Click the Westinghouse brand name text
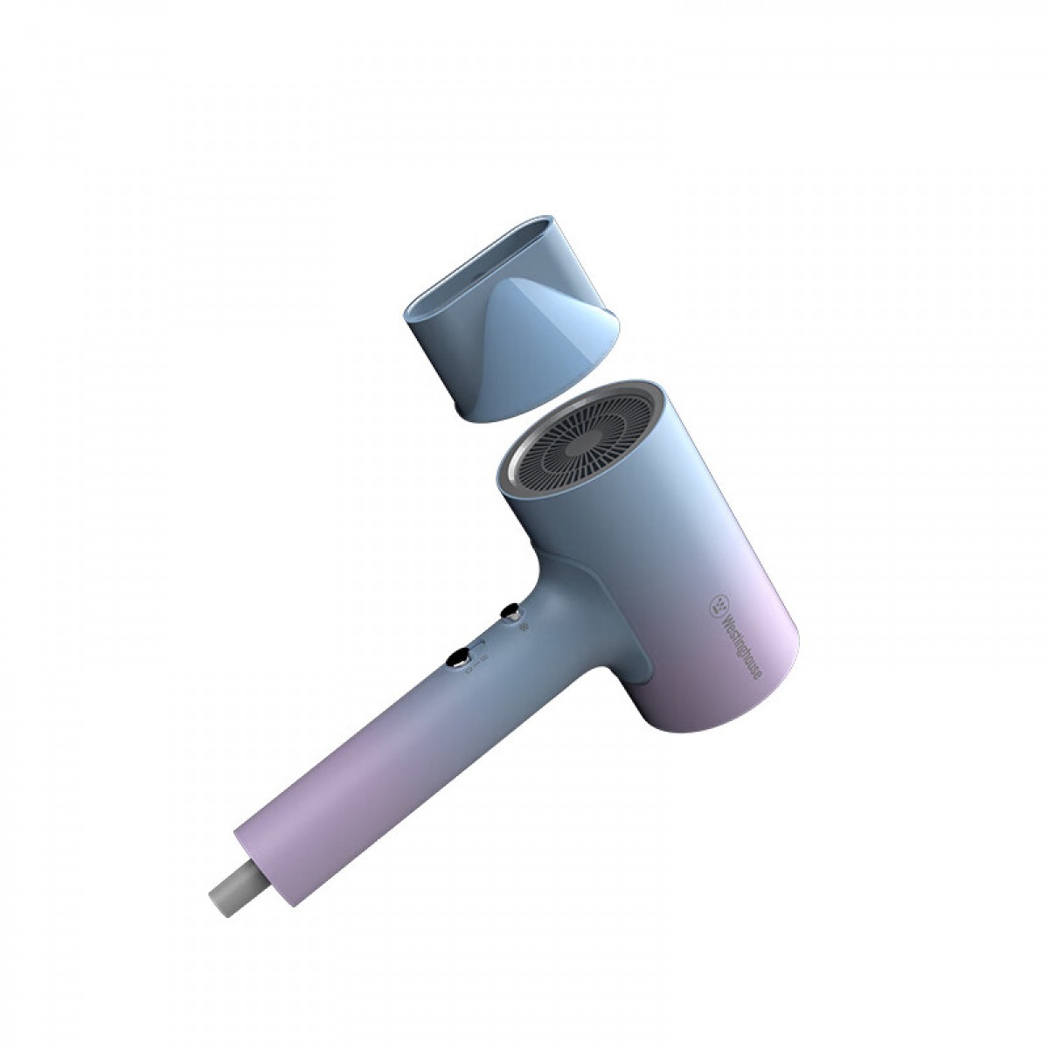click(x=743, y=646)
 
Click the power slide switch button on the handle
click(x=458, y=659)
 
